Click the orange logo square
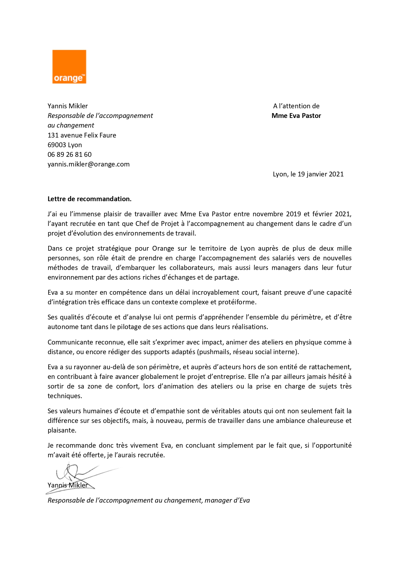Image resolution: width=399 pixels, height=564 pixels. point(69,67)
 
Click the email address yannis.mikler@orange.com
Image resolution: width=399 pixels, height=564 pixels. point(88,164)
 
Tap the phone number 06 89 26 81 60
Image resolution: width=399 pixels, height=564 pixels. point(70,155)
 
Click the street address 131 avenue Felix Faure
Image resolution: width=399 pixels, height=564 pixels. point(82,135)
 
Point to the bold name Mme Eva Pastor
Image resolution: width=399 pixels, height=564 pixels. point(296,116)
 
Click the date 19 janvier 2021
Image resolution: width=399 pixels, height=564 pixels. point(320,174)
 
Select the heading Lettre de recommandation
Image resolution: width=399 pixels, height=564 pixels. point(89,199)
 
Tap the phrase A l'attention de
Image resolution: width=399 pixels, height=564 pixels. point(296,106)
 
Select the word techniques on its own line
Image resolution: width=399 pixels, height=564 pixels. point(64,396)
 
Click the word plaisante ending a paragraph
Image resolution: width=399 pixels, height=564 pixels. point(61,430)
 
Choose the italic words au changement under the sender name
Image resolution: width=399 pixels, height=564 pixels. point(71,125)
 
